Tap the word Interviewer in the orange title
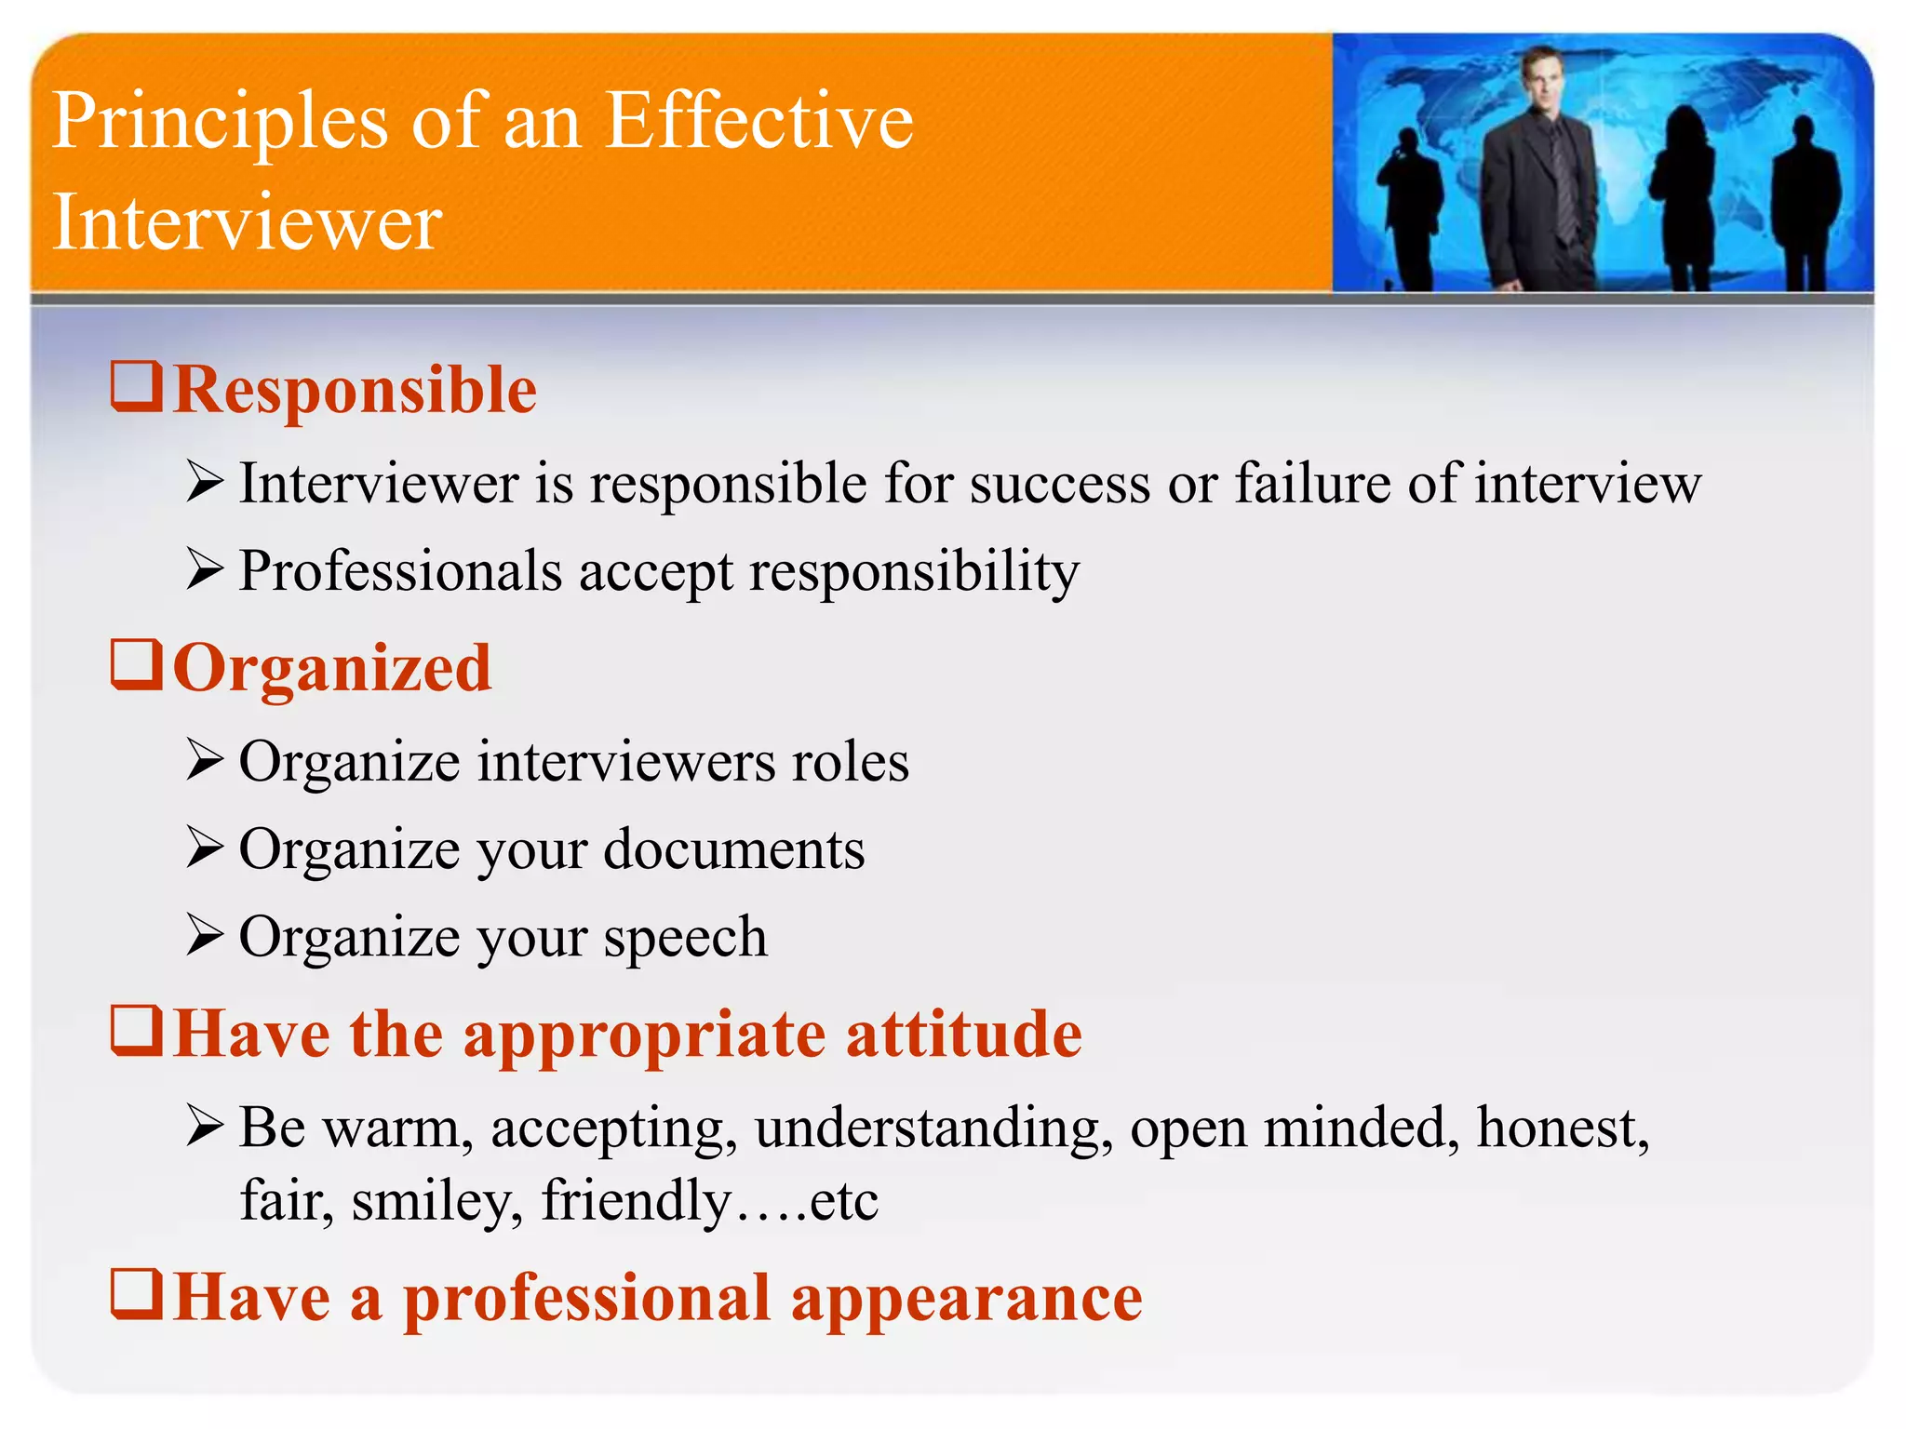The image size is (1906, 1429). [247, 223]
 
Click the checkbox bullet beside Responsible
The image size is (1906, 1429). [137, 387]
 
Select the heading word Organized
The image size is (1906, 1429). [332, 669]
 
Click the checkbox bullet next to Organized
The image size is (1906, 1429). [137, 665]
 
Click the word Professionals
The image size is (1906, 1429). [400, 571]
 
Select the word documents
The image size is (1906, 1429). [734, 849]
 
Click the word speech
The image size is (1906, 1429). [685, 937]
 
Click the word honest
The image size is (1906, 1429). [1563, 1129]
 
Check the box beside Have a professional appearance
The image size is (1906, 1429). [137, 1294]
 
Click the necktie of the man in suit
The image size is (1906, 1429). [1564, 186]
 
